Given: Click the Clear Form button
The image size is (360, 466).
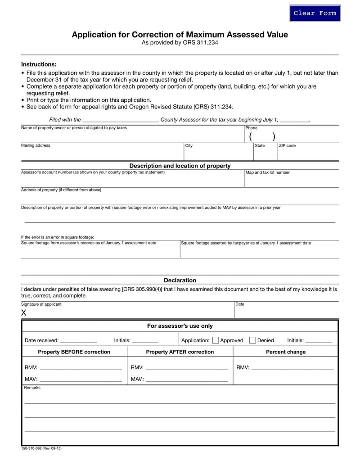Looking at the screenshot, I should point(315,13).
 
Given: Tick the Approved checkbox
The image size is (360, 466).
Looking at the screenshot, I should point(216,340).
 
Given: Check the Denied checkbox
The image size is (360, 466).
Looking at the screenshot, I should point(252,340).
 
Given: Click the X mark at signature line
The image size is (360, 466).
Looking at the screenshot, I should point(24,313).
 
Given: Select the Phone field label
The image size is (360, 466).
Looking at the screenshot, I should point(251,128).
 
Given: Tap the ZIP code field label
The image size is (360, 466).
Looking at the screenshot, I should point(287,145).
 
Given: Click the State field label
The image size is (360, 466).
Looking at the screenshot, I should point(260,145).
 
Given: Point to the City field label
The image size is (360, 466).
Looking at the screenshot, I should point(189,145).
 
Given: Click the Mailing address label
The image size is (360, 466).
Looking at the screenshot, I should point(36,145).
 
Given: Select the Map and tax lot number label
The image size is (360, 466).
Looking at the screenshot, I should point(267,172).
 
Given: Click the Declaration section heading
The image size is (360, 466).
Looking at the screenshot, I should point(180,280).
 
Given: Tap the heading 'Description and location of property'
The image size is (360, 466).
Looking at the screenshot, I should point(180,166).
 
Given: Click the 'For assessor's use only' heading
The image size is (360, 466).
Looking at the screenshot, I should point(180,326).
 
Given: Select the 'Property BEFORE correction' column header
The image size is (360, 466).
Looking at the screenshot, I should point(74,352).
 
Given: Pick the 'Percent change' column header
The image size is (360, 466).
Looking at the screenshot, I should point(285,352).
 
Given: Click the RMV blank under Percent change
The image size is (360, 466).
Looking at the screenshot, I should point(292,368).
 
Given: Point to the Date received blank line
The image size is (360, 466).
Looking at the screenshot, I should point(78,341).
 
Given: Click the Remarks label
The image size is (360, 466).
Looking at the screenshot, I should point(32,388).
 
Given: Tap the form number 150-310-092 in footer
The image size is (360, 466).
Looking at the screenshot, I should point(41,448).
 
